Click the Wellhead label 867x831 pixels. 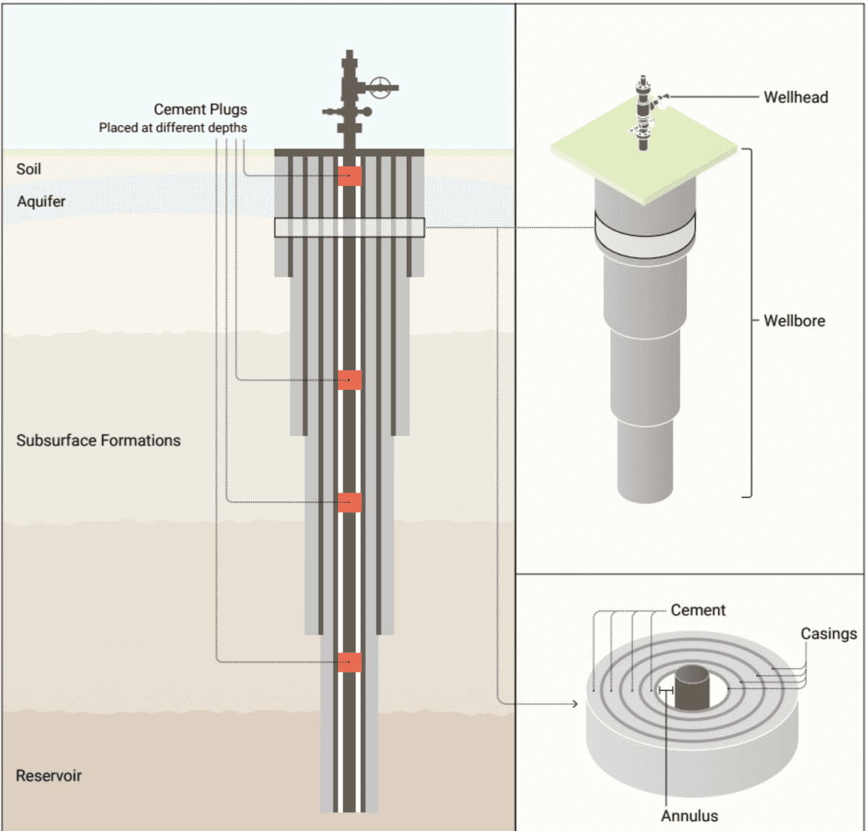tap(795, 97)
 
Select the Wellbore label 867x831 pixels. tap(794, 320)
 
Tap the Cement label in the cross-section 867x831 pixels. tap(697, 610)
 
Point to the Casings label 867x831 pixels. tap(828, 634)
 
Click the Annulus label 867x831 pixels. tap(689, 816)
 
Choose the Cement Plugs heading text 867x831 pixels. tap(200, 109)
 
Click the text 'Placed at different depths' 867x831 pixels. tap(173, 128)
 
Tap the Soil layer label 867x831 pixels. tap(29, 169)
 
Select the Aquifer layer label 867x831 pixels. tap(41, 201)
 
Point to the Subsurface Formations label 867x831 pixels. tap(98, 440)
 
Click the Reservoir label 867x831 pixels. tap(48, 775)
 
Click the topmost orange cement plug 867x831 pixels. tap(350, 176)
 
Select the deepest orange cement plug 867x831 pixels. tap(350, 662)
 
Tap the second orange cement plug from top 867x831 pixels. tap(350, 380)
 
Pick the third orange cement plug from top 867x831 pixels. tap(350, 502)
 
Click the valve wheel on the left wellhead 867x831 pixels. tap(380, 88)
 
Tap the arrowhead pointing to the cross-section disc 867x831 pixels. tap(574, 704)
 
